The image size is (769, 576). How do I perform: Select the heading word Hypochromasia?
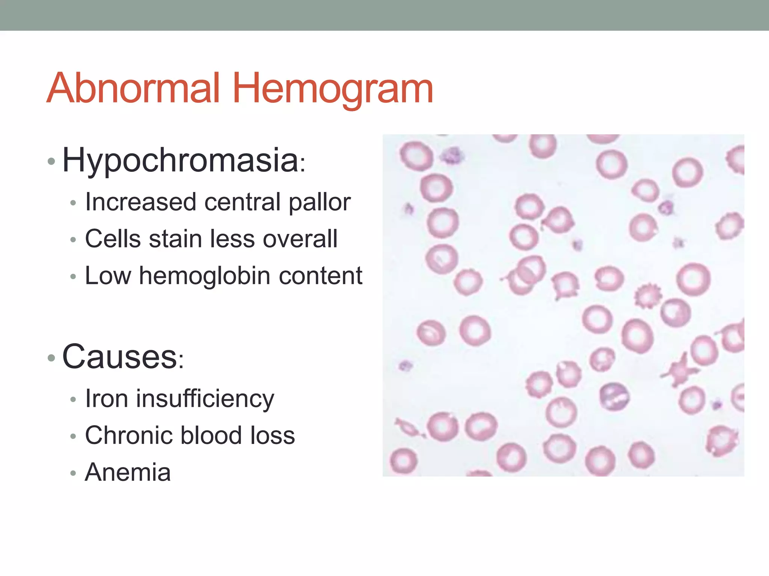[180, 160]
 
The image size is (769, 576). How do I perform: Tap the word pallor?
[320, 202]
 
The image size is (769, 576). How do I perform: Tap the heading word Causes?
[119, 357]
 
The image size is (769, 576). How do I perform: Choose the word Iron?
[107, 398]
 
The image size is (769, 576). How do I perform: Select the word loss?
[273, 435]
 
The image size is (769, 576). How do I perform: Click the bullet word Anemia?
[128, 472]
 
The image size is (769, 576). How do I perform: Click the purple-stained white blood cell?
[614, 397]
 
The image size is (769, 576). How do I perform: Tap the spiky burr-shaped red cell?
[647, 296]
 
